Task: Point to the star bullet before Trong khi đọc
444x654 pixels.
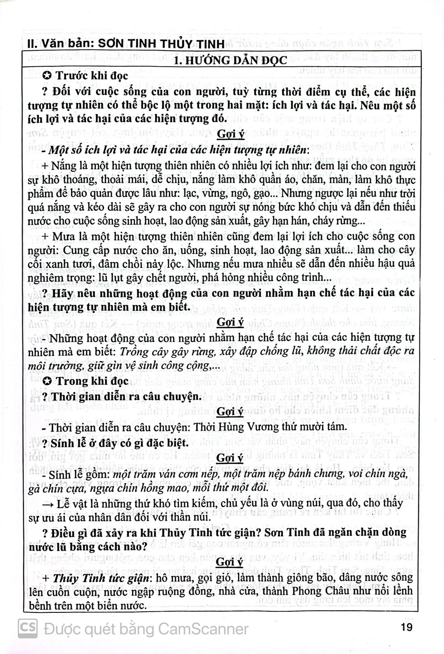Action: click(x=47, y=381)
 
